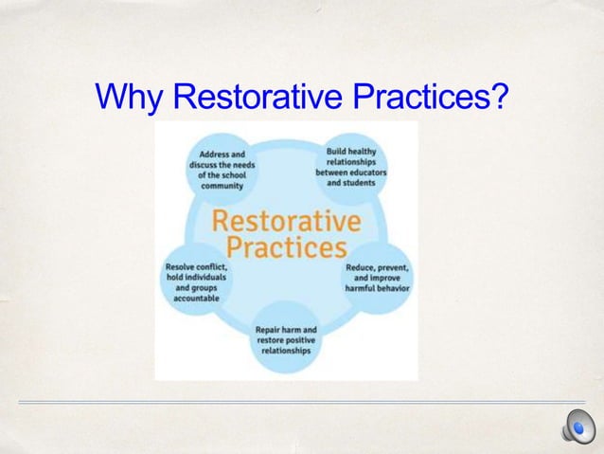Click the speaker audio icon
pyautogui.click(x=576, y=429)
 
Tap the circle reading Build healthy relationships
pyautogui.click(x=351, y=166)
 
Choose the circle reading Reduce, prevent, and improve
pyautogui.click(x=377, y=279)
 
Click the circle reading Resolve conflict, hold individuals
pyautogui.click(x=196, y=281)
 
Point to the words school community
pyautogui.click(x=220, y=180)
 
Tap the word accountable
pyautogui.click(x=196, y=298)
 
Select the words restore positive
pyautogui.click(x=286, y=341)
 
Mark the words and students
pyautogui.click(x=351, y=182)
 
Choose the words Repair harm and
pyautogui.click(x=286, y=330)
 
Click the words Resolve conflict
pyautogui.click(x=196, y=266)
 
